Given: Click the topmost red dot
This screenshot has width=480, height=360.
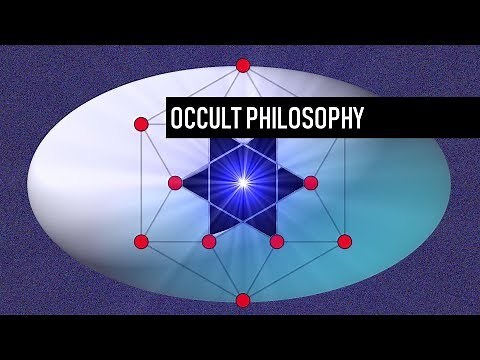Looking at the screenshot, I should tap(242, 65).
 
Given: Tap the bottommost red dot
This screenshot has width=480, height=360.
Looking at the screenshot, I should tap(242, 300).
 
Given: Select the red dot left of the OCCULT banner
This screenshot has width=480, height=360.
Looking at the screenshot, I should tap(141, 124).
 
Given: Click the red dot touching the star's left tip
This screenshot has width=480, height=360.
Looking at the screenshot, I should tap(175, 182).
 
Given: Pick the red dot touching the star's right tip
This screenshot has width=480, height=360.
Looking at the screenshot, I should tap(310, 182).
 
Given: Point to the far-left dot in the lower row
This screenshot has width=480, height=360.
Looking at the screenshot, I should tap(141, 241).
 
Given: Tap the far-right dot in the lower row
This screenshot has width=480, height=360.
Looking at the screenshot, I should tap(344, 241).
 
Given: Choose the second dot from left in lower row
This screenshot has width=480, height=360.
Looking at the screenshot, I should tap(209, 241).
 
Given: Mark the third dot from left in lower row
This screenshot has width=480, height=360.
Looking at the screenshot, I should tap(276, 241).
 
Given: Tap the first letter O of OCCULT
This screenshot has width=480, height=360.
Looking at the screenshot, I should tap(178, 118).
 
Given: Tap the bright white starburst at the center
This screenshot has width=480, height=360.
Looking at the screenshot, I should tap(242, 181).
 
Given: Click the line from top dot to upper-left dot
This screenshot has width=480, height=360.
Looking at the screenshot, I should tap(192, 94).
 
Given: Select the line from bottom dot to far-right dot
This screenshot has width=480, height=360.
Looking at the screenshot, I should tap(293, 271).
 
